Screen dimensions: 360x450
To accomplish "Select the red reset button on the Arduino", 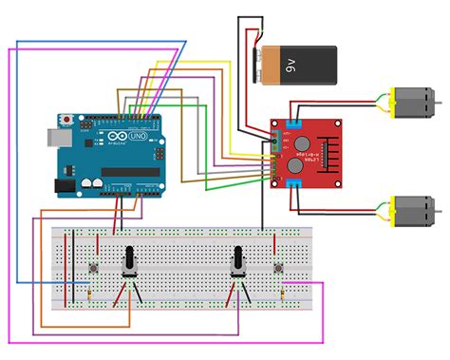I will click(66, 120).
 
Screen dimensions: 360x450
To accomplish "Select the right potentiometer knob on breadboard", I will click(237, 257).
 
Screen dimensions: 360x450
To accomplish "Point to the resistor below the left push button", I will click(89, 297).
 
